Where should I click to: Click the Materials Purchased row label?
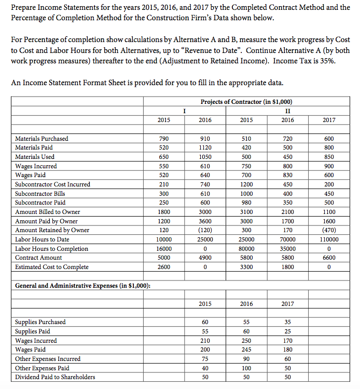click(41, 139)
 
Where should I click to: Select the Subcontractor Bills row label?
click(40, 193)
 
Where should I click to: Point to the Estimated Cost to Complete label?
click(51, 267)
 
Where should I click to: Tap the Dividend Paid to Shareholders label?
click(55, 377)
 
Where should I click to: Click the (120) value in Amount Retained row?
click(205, 230)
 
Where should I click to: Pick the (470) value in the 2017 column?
click(329, 230)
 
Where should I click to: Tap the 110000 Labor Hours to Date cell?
click(329, 239)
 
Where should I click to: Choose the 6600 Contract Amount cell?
click(329, 258)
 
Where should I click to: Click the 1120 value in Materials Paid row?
click(205, 147)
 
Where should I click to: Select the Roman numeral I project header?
click(184, 110)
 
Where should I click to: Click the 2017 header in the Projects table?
click(329, 120)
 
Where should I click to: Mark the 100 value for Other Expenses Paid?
click(246, 368)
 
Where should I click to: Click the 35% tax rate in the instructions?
click(337, 61)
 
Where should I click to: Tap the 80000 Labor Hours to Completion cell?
click(246, 249)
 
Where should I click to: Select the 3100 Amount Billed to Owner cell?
click(246, 212)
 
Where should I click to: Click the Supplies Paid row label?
click(33, 331)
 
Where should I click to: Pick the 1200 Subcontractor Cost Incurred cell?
click(246, 184)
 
